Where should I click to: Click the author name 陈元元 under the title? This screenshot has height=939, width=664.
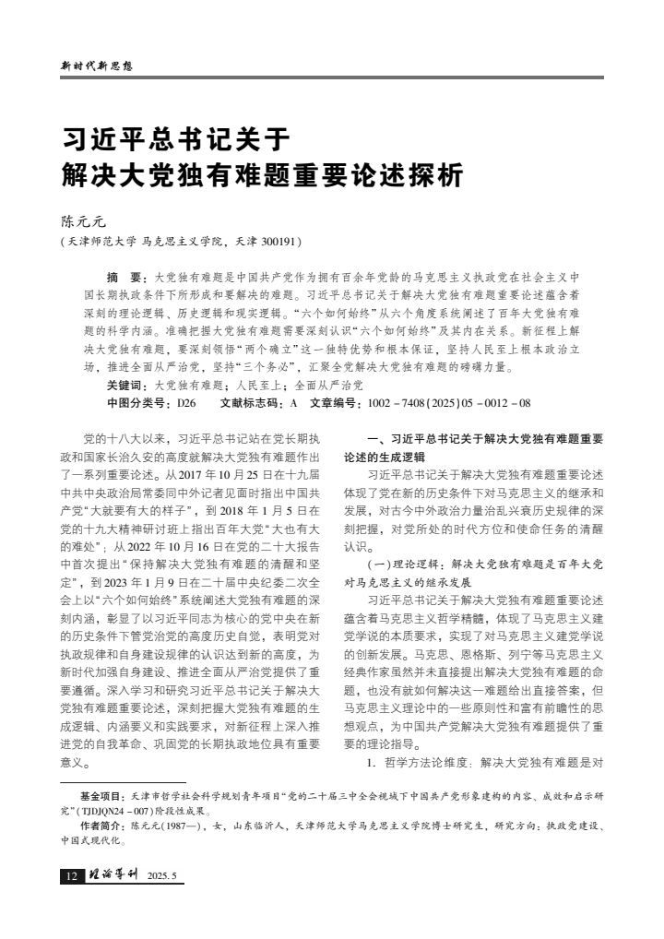83,221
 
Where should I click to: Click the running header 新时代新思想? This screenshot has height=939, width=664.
97,66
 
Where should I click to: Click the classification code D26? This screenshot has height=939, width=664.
186,403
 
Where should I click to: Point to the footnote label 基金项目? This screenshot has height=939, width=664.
101,793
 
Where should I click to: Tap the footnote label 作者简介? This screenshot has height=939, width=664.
101,826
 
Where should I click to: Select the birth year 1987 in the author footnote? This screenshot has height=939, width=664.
171,826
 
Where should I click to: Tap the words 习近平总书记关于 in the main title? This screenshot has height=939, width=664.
175,140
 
